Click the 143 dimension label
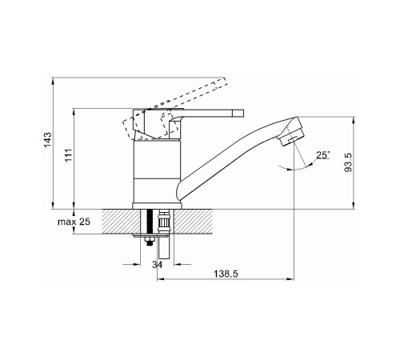coord(48,140)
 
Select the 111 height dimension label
coord(69,155)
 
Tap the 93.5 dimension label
coord(348,162)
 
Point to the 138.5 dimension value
coord(226,274)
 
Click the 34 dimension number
coord(157,265)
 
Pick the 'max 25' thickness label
coord(74,222)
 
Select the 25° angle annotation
coord(323,154)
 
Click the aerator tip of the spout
coord(292,139)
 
